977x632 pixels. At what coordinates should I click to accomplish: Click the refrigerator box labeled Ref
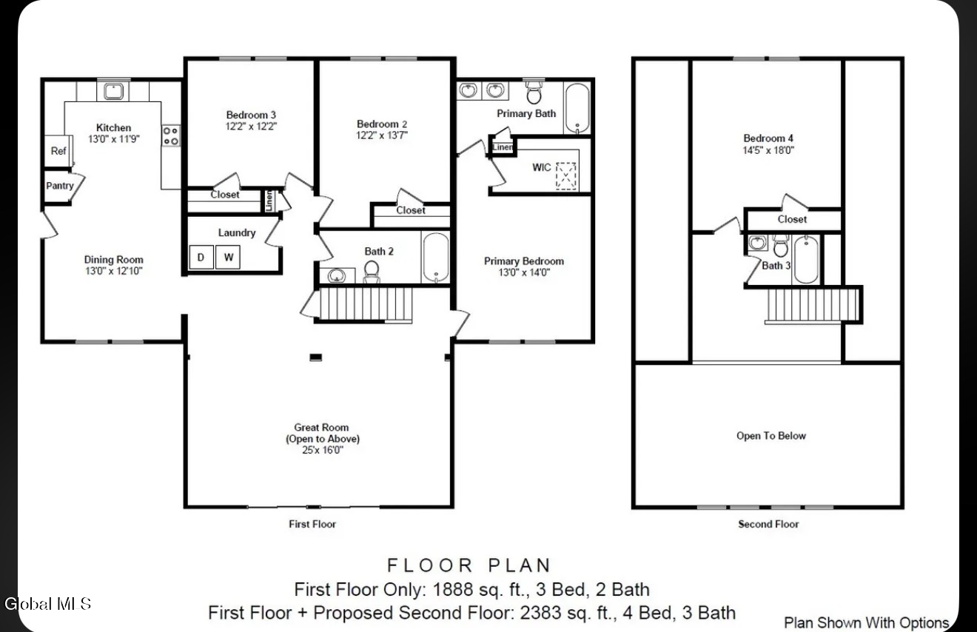coord(58,151)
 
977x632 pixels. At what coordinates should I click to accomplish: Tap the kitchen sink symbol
coord(113,92)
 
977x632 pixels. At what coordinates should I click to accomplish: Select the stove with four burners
coord(170,135)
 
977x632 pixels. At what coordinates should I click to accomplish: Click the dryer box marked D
coord(201,257)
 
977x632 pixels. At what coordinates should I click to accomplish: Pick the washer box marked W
coord(228,257)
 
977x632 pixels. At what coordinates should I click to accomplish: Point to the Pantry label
coord(60,186)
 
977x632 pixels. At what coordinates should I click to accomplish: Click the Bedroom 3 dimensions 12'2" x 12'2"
coord(251,127)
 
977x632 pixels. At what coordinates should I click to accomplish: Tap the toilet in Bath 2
coord(372,272)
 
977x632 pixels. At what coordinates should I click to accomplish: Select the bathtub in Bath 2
coord(436,258)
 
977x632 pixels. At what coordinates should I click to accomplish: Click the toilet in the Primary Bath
coord(534,92)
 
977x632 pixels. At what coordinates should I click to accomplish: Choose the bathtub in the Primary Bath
coord(577,108)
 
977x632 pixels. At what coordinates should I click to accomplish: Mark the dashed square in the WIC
coord(565,176)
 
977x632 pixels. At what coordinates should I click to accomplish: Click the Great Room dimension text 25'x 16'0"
coord(323,450)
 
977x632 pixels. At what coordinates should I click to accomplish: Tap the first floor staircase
coord(366,303)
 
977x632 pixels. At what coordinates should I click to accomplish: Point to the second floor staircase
coord(812,305)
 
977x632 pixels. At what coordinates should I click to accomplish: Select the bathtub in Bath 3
coord(806,259)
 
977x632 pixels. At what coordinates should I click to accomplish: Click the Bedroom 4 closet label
coord(792,219)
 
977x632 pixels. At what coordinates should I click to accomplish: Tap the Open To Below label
coord(771,436)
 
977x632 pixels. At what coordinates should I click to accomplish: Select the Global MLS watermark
coord(47,604)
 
